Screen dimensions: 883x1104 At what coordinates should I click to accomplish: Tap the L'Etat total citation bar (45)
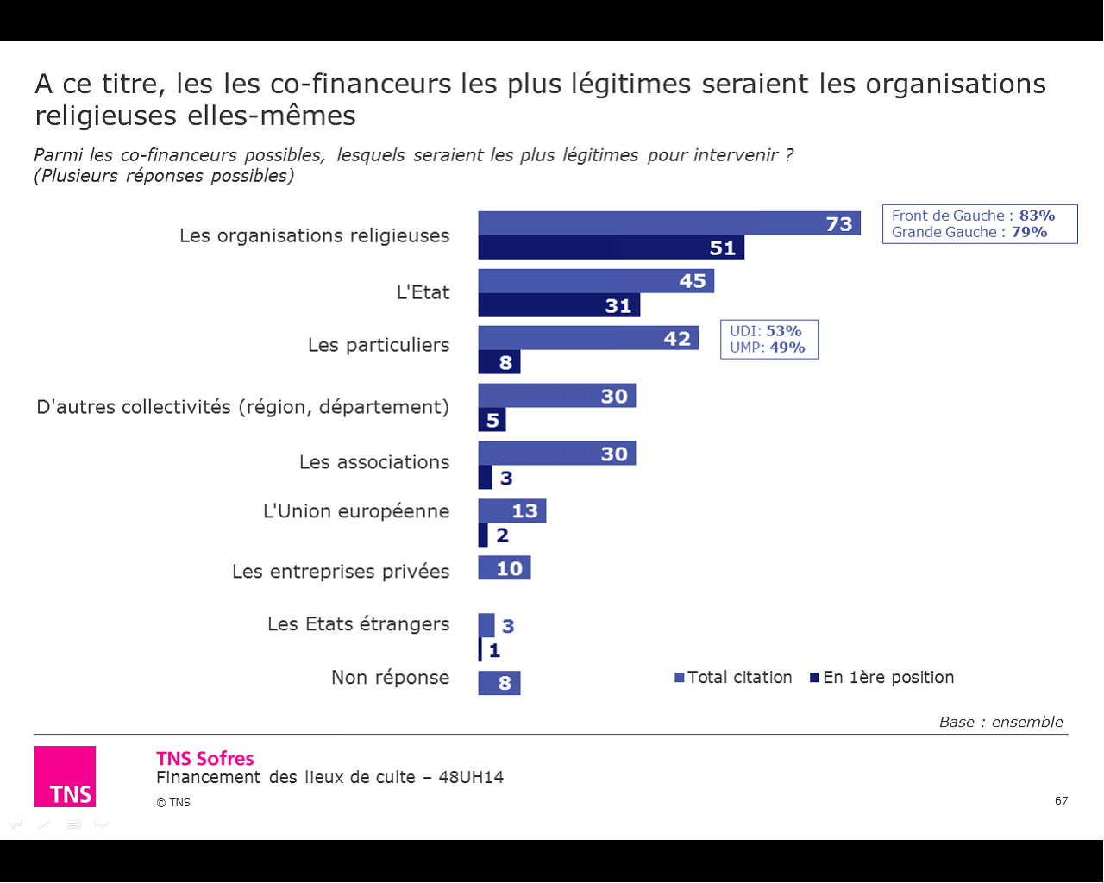click(596, 281)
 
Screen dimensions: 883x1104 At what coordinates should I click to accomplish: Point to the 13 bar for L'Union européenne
click(512, 510)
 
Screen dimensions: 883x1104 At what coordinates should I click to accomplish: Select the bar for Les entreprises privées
click(505, 567)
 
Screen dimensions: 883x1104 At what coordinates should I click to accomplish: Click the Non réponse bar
click(499, 683)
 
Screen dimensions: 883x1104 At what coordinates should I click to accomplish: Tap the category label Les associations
click(374, 462)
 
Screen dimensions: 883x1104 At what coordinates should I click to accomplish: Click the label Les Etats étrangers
click(358, 623)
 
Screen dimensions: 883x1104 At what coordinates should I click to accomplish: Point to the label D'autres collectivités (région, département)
click(242, 406)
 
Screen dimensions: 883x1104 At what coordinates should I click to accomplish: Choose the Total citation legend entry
click(733, 678)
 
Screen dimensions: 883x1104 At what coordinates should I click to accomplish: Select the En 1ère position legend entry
click(882, 678)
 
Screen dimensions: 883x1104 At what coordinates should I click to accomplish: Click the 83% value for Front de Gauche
click(1037, 216)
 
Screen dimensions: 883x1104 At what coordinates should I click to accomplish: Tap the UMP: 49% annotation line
click(768, 348)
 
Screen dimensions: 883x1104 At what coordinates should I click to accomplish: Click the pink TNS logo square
click(65, 776)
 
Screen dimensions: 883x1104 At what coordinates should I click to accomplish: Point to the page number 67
click(1061, 801)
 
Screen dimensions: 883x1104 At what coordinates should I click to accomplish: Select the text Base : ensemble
click(1000, 722)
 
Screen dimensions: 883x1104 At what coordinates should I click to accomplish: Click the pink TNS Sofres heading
click(205, 759)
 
